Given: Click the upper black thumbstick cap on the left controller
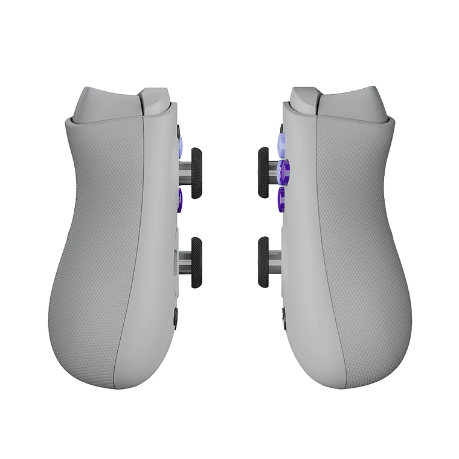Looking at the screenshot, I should click(197, 173).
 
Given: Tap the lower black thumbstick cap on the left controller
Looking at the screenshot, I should click(197, 262).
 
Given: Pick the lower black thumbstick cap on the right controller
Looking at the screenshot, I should click(264, 262).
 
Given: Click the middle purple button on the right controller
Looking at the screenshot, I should click(283, 171).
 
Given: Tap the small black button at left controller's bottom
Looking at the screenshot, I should click(176, 316).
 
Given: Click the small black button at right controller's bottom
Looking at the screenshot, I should click(283, 314).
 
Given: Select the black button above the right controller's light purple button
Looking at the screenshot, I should click(281, 127).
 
